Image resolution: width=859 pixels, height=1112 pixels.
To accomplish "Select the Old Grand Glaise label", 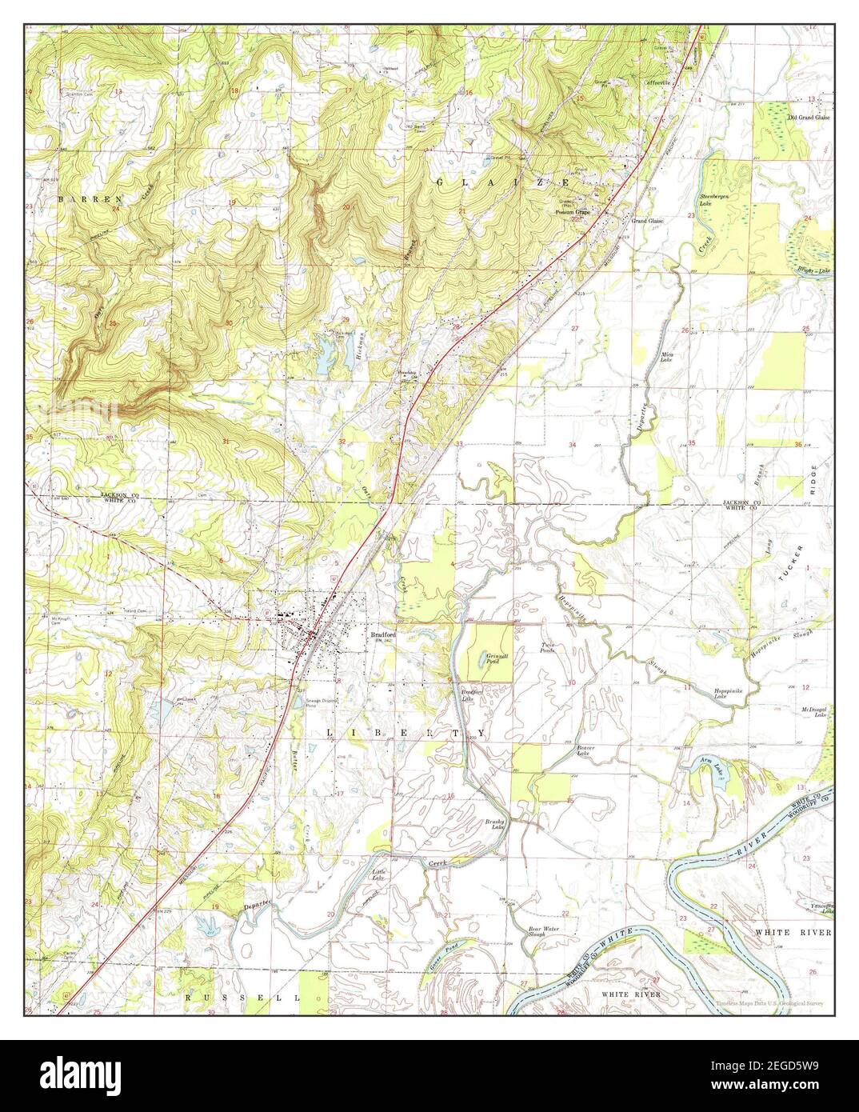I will [809, 117].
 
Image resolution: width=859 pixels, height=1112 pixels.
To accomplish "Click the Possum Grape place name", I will [574, 212].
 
